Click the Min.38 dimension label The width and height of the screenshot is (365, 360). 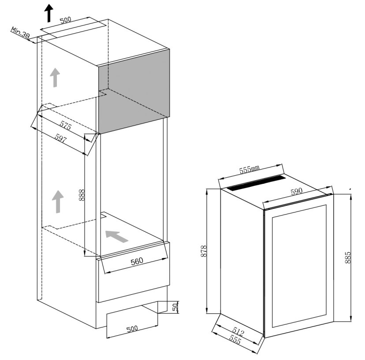20,32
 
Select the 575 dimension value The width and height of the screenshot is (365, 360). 65,126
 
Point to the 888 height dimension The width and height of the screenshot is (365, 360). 82,195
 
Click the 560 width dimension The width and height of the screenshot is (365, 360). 137,261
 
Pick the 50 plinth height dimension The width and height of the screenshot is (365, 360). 175,307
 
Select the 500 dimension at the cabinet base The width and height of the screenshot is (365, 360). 132,329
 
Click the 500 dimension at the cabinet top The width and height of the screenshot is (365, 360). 65,20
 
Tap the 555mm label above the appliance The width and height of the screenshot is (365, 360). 249,169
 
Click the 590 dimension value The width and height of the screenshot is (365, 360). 297,192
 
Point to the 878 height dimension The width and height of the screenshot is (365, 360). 204,251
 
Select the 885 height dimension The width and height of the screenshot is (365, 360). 347,257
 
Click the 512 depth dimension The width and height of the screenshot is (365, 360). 238,332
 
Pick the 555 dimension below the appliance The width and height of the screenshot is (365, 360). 235,339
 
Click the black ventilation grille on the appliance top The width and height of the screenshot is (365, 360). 256,183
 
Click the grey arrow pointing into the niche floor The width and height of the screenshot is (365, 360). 117,237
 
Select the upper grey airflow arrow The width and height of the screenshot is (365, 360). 55,78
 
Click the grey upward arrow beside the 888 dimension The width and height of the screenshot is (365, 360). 58,201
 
